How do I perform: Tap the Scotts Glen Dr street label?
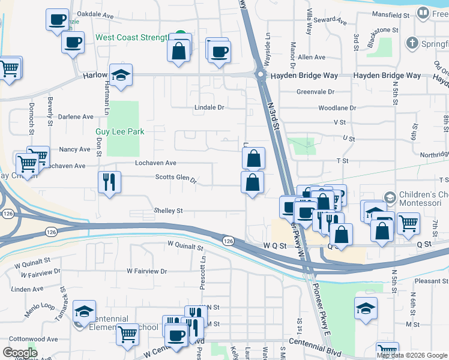176,177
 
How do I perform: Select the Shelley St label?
168,211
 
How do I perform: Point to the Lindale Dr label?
208,107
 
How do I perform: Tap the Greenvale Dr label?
315,92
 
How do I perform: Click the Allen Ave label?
312,57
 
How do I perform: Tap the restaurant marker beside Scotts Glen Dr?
109,182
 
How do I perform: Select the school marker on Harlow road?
121,74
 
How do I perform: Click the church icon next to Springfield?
412,43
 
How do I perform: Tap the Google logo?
20,353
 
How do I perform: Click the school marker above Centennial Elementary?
84,311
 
